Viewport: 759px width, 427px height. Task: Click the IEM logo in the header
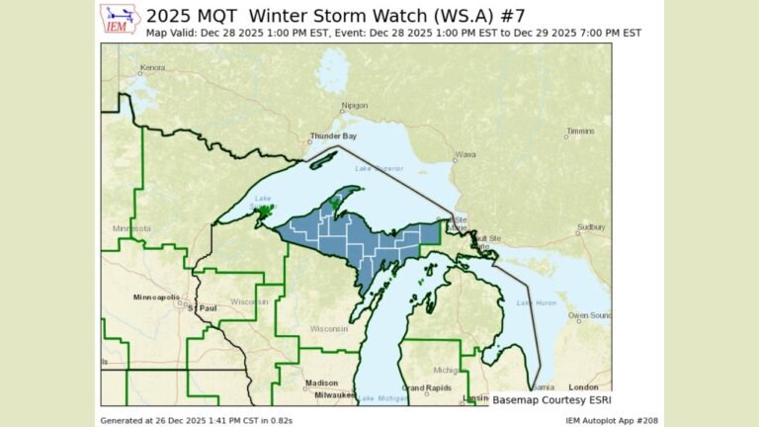[121, 20]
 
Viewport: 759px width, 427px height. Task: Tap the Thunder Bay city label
[331, 136]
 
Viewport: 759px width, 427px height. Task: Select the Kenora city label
[152, 68]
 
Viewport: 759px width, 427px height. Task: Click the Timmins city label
[581, 131]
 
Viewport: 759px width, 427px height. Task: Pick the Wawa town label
[465, 155]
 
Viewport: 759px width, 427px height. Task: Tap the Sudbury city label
[591, 226]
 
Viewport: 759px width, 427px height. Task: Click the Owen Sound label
[591, 315]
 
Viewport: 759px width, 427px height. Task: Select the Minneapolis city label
[157, 297]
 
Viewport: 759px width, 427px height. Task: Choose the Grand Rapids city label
[426, 387]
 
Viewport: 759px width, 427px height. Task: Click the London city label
[584, 386]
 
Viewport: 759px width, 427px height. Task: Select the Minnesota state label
[131, 228]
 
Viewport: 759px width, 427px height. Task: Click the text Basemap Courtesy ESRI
[549, 400]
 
